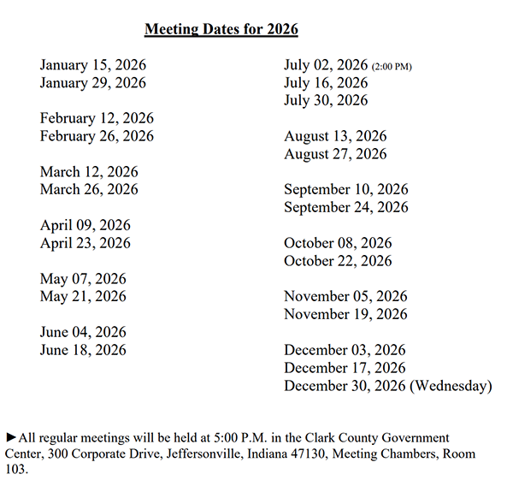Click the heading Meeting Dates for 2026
(221, 29)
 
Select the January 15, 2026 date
(92, 65)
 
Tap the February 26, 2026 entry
(97, 136)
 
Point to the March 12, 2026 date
(89, 172)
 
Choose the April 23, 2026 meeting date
(85, 243)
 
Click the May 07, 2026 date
(83, 279)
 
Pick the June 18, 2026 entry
(83, 350)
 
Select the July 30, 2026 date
(326, 100)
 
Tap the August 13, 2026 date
(335, 136)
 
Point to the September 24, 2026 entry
(346, 207)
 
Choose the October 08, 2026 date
(338, 243)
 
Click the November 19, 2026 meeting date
(345, 314)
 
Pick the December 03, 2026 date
(345, 350)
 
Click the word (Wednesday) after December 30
(451, 386)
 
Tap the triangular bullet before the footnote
(10, 437)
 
